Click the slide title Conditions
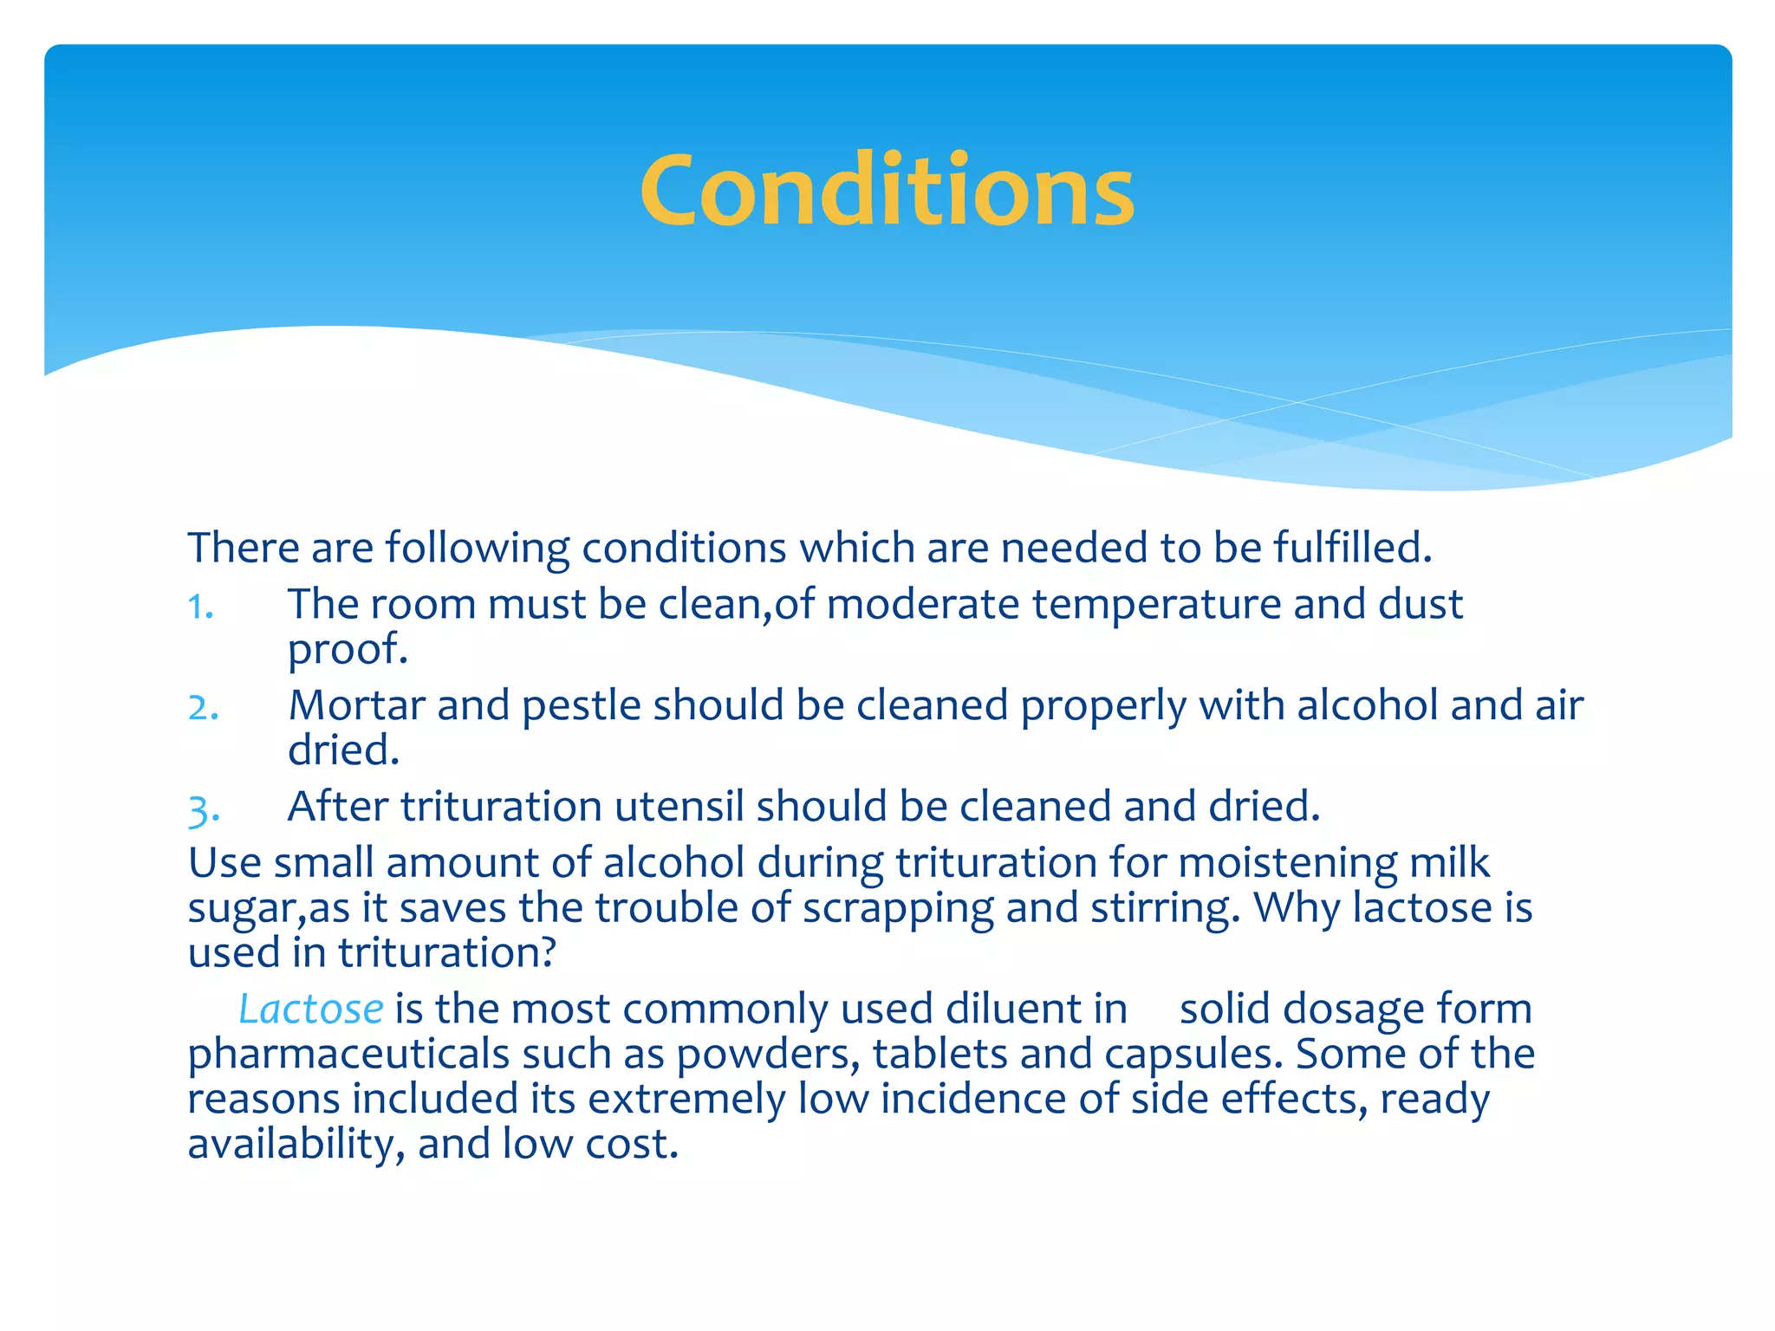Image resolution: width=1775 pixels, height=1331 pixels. (x=887, y=191)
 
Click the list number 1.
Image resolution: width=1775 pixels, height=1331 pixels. (x=200, y=607)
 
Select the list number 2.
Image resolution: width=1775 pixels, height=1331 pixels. (x=203, y=708)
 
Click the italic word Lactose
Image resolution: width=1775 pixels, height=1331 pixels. (x=310, y=1010)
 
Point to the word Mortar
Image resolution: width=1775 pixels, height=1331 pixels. (x=355, y=705)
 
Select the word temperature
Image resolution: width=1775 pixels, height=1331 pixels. (x=1156, y=605)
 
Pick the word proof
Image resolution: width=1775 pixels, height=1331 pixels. (x=346, y=650)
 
